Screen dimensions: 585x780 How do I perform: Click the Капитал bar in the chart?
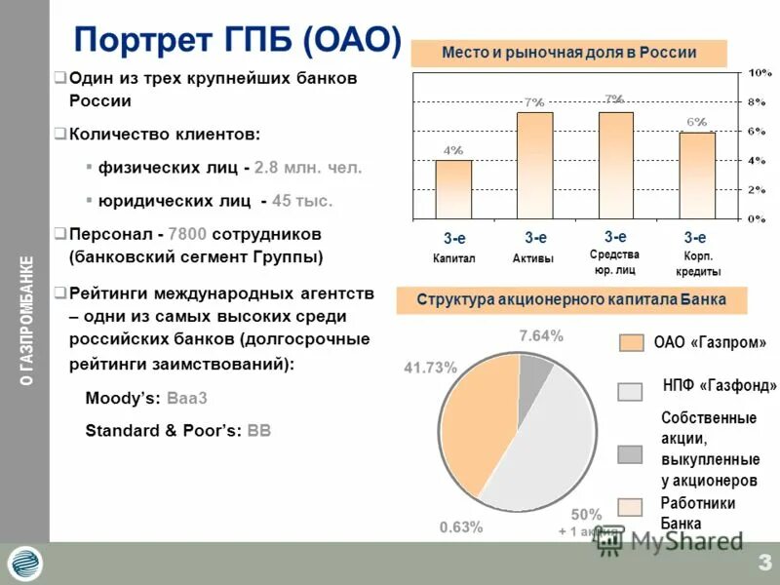point(453,189)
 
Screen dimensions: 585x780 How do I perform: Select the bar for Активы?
point(534,166)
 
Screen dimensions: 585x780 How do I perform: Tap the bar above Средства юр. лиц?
point(615,166)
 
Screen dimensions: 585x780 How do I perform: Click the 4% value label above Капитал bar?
point(453,150)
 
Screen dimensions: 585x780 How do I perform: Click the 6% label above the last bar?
point(697,122)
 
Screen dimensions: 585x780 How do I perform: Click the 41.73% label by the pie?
point(430,367)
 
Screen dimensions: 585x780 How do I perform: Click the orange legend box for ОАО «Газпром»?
point(631,342)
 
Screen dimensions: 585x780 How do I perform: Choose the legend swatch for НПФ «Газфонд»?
point(631,392)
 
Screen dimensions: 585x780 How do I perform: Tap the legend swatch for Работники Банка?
point(631,507)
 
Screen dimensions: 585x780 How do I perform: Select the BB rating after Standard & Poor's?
point(259,430)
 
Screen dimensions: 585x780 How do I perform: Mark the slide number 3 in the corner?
point(763,563)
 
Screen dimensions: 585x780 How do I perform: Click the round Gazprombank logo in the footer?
point(25,564)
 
